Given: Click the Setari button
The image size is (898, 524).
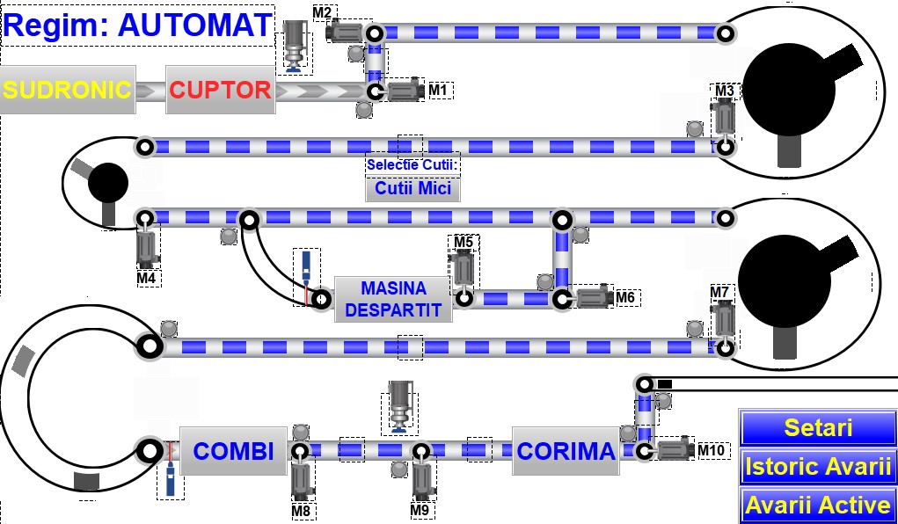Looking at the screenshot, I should pyautogui.click(x=817, y=428).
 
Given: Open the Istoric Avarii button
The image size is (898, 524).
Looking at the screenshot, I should pyautogui.click(x=817, y=467).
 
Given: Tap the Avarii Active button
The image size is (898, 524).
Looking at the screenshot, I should pyautogui.click(x=817, y=505).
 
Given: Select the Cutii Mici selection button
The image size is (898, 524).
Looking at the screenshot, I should pyautogui.click(x=412, y=188).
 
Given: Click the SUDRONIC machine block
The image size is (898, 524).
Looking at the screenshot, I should pyautogui.click(x=68, y=90).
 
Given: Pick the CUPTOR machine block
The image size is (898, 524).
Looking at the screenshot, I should pyautogui.click(x=220, y=90).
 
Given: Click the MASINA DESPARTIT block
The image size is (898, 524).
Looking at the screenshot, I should pyautogui.click(x=393, y=299).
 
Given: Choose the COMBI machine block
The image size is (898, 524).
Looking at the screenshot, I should pyautogui.click(x=234, y=452).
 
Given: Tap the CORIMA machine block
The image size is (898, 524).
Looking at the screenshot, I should pyautogui.click(x=566, y=452).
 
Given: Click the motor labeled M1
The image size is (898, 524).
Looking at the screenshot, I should pyautogui.click(x=405, y=91).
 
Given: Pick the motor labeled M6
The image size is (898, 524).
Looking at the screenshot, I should pyautogui.click(x=593, y=297).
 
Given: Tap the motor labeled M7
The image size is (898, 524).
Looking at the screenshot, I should pyautogui.click(x=724, y=318).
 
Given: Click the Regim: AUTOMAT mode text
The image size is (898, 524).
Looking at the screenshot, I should pyautogui.click(x=137, y=25).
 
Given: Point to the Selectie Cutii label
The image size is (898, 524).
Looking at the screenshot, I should pyautogui.click(x=413, y=164).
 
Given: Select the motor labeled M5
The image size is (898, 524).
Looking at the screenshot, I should pyautogui.click(x=464, y=268).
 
